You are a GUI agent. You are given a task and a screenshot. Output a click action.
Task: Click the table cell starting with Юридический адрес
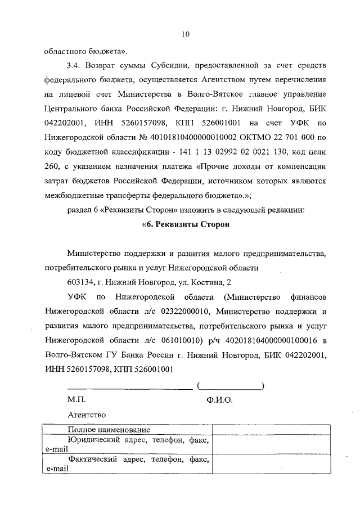point(128,444)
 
